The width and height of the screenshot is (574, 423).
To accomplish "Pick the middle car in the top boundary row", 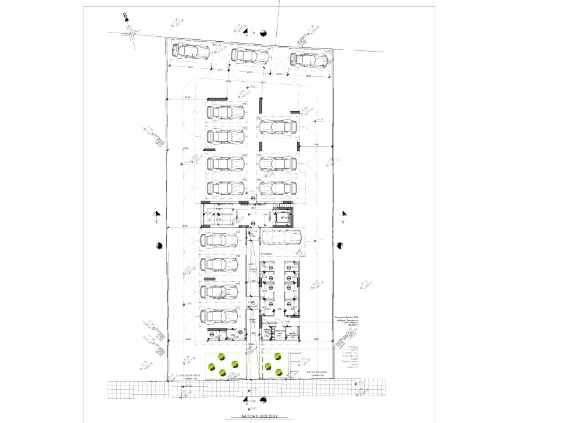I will pos(249,56).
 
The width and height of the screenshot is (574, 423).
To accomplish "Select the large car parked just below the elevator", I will pos(281,237).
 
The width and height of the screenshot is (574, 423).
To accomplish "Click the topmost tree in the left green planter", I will pos(221,357).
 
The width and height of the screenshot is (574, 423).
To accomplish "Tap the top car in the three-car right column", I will pos(278,128).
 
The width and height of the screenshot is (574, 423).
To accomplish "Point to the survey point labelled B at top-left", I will pos(126,17).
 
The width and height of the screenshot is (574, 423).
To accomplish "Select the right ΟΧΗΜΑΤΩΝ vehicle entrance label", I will pos(317,374).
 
